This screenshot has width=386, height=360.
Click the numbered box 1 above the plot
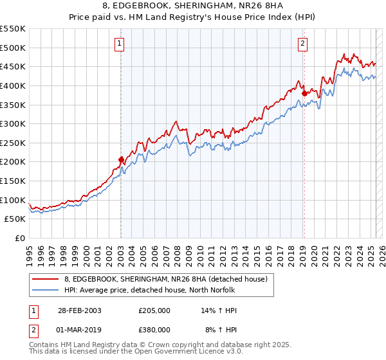[x=120, y=44]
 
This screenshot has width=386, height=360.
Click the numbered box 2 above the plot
[x=302, y=44]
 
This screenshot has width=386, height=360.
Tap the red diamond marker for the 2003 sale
[x=121, y=159]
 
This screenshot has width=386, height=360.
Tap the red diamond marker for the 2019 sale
[x=304, y=93]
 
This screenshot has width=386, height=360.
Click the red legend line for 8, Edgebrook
[x=45, y=279]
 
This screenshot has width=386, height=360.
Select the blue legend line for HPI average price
[x=45, y=290]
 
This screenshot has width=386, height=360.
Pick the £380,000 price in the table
[x=154, y=329]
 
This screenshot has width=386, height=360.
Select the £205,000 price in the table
[x=154, y=310]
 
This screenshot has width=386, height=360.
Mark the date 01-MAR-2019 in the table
[x=79, y=329]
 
